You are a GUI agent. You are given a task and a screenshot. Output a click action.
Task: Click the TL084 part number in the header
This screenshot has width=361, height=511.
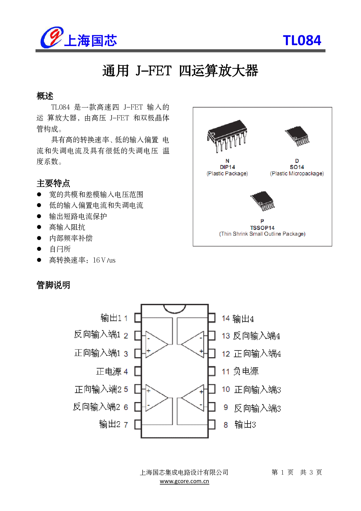(x=302, y=40)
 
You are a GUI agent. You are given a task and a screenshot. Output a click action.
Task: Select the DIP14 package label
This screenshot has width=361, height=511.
(x=227, y=167)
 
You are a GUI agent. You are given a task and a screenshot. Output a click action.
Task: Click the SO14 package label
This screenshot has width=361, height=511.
(x=297, y=167)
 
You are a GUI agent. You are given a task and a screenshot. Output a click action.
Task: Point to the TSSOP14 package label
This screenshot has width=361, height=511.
(x=262, y=228)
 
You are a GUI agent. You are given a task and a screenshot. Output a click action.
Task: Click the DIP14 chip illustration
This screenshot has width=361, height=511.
(x=227, y=136)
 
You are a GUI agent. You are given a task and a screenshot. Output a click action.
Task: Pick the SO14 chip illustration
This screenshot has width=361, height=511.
(x=297, y=136)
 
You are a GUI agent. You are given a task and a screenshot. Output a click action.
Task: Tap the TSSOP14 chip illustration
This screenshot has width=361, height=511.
(x=262, y=201)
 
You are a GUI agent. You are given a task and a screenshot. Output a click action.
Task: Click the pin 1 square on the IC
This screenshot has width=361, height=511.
(x=138, y=318)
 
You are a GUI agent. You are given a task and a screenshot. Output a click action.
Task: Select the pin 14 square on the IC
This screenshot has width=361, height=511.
(x=212, y=318)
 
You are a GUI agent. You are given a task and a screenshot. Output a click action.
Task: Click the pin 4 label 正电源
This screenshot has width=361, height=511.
(x=109, y=371)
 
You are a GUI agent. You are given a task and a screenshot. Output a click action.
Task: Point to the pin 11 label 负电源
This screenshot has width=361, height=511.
(x=246, y=371)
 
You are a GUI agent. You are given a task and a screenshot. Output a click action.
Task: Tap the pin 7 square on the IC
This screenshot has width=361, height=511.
(x=138, y=424)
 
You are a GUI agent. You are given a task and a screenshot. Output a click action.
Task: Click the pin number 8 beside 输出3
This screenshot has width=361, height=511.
(x=226, y=425)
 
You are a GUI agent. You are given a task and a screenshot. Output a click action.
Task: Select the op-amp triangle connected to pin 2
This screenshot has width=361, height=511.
(x=156, y=344)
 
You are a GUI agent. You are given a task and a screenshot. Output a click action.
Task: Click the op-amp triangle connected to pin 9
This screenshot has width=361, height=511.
(x=193, y=398)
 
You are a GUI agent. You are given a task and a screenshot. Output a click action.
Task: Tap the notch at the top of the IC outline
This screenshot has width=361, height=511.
(x=175, y=308)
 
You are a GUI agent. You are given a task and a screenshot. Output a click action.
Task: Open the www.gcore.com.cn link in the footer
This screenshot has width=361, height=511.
(x=184, y=481)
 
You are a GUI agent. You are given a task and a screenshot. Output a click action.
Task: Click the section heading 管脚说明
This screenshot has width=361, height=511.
(x=53, y=285)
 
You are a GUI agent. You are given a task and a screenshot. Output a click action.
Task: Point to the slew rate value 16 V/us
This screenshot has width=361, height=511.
(x=104, y=260)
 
